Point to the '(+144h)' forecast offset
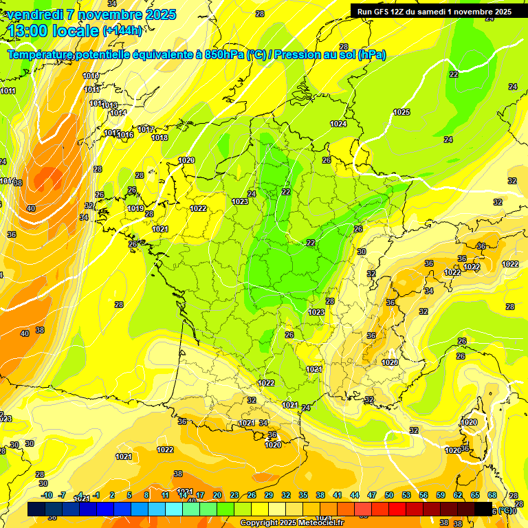(x=122, y=31)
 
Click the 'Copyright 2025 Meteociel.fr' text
(x=291, y=523)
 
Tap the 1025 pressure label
(x=401, y=112)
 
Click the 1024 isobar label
(x=338, y=124)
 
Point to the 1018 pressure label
(x=159, y=138)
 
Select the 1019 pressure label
(x=135, y=208)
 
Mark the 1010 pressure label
(x=90, y=76)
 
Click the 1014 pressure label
(x=118, y=113)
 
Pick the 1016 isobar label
(x=125, y=135)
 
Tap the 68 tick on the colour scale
(x=492, y=495)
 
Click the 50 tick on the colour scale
(x=389, y=495)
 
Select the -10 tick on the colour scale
(x=47, y=495)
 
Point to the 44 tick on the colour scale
(x=355, y=495)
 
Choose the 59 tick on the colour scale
(x=441, y=495)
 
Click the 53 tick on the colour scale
(x=406, y=495)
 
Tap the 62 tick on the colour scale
(x=458, y=495)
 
